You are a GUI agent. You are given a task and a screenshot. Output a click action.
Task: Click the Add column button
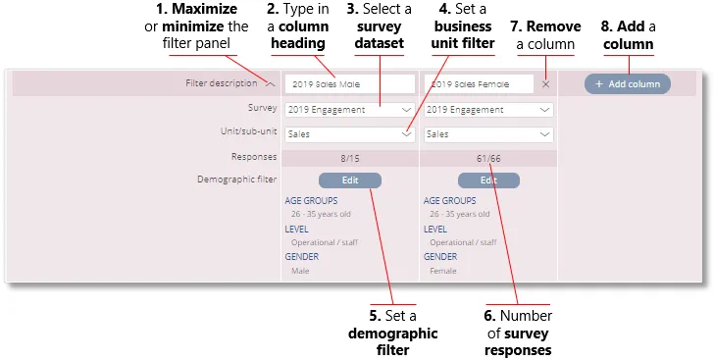coord(628,84)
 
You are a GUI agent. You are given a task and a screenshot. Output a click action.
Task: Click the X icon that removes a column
coord(546,84)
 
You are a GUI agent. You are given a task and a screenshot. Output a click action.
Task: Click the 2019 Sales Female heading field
coord(480,84)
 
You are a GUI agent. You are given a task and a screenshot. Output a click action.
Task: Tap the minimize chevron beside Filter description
coord(270,84)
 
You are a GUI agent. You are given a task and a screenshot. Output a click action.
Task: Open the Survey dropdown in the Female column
coord(488,110)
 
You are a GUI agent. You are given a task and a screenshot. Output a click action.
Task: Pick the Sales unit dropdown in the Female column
coord(488,134)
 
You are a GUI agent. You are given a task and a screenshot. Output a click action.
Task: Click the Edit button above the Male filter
coord(349,180)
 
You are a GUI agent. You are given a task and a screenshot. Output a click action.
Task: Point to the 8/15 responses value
coord(349,157)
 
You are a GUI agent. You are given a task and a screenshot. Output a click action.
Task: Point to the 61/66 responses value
coord(488,157)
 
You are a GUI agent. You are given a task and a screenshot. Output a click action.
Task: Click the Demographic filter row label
coord(236,180)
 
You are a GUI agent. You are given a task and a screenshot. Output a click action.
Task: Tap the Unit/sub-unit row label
coord(249,131)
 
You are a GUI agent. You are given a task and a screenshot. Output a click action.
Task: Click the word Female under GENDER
coord(443,271)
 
